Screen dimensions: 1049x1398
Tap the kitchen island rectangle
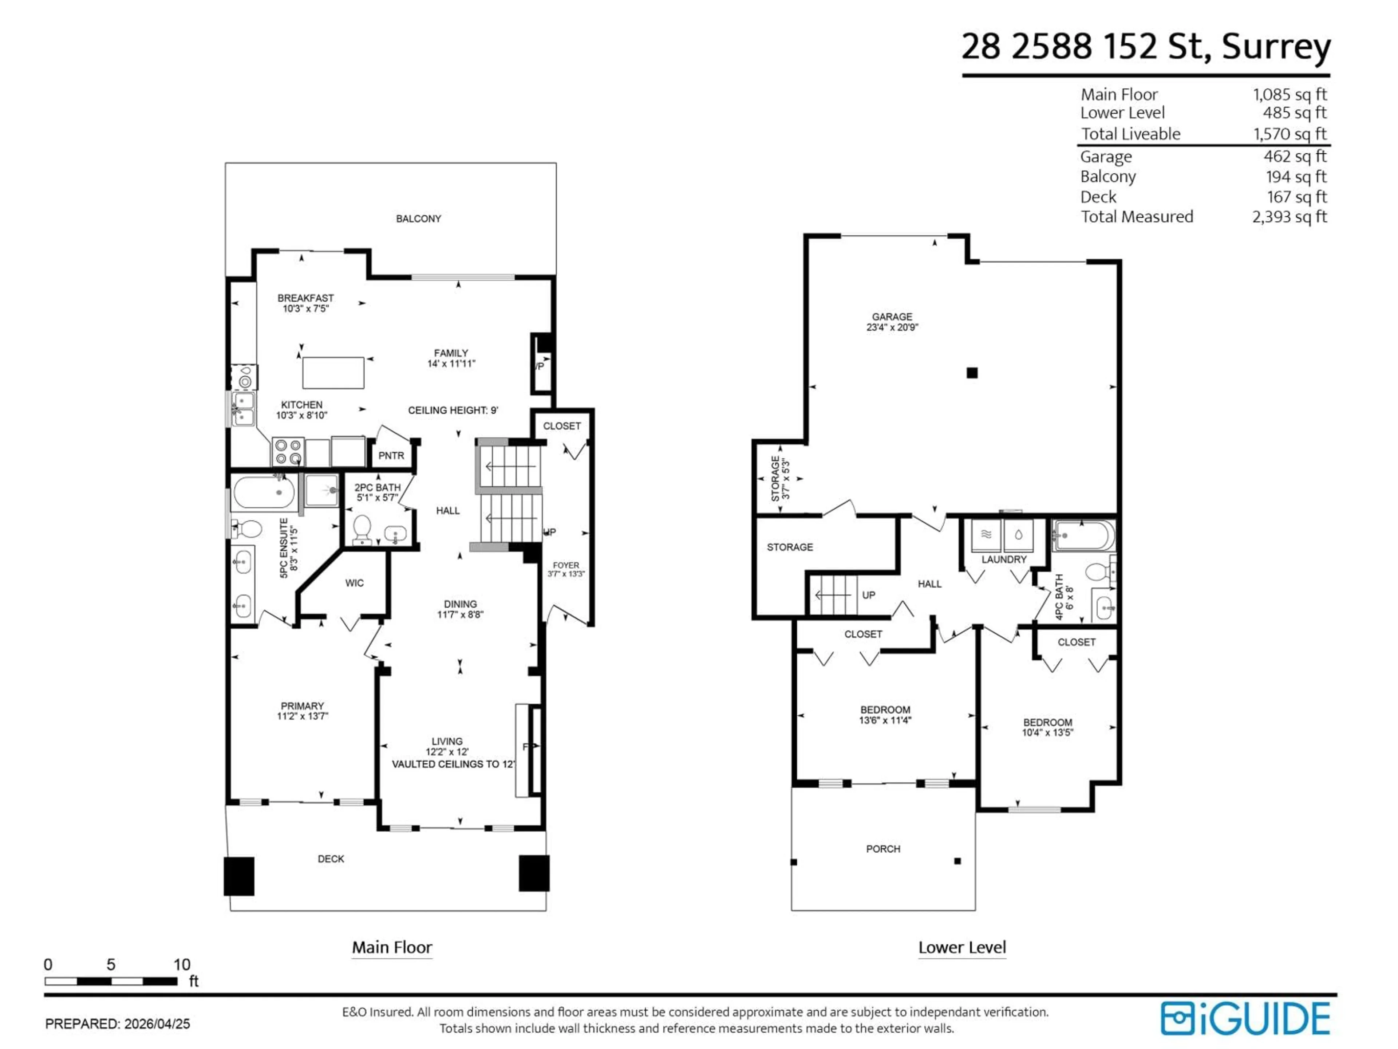click(x=333, y=372)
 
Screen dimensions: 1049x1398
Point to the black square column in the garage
click(x=972, y=373)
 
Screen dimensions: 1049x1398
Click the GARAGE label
click(x=892, y=317)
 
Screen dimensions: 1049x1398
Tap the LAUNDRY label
click(x=1004, y=559)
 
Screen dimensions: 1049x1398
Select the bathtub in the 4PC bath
click(x=1083, y=535)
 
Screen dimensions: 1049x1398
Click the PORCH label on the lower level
click(x=883, y=849)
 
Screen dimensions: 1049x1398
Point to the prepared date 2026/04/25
click(x=157, y=1024)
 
